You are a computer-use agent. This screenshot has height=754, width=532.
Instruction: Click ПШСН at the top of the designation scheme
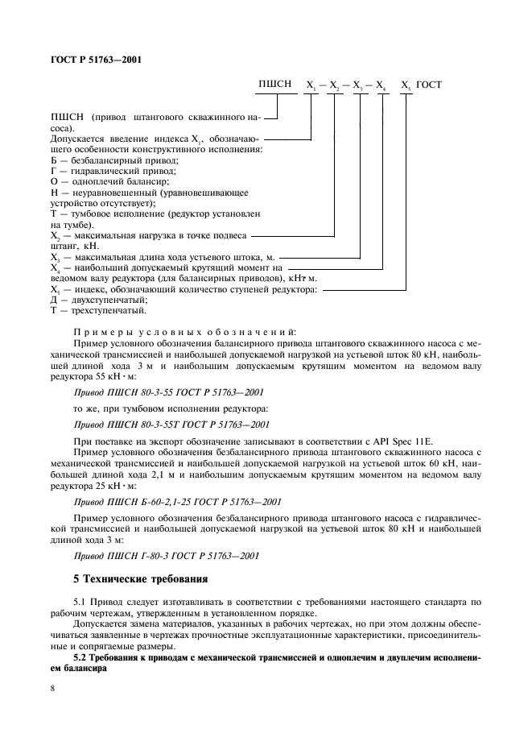(x=274, y=84)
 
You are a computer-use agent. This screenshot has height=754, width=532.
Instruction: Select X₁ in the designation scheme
(x=310, y=85)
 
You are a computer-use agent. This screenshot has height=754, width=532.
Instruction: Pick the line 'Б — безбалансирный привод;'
(x=113, y=160)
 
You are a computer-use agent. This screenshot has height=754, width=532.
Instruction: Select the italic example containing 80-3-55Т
(x=171, y=423)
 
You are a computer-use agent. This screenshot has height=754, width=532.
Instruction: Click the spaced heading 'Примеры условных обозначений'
(x=184, y=330)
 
